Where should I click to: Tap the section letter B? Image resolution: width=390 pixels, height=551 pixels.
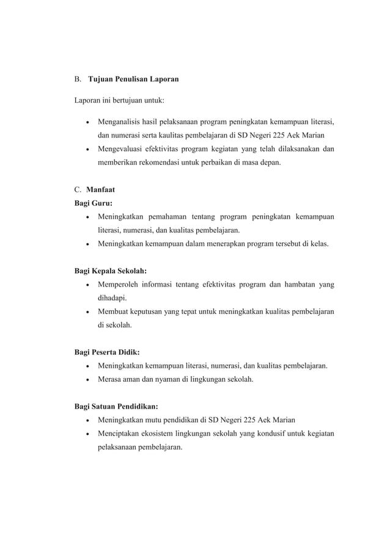(x=78, y=79)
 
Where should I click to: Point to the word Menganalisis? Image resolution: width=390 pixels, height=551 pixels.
(x=120, y=119)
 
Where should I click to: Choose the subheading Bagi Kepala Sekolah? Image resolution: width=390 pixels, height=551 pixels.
(x=111, y=270)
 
